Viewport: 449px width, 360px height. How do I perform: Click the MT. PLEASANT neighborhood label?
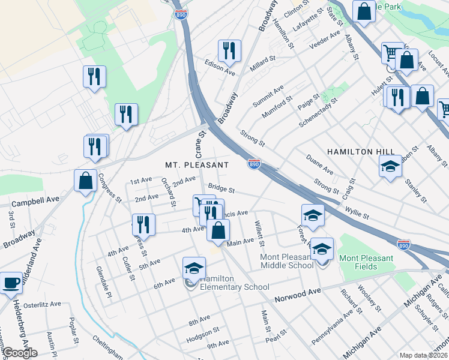coord(197,164)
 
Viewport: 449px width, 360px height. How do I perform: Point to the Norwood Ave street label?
coord(298,297)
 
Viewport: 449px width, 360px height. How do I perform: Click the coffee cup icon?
coord(11,283)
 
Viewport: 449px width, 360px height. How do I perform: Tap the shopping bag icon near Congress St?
coord(85,180)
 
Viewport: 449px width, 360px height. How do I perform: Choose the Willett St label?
coord(259,233)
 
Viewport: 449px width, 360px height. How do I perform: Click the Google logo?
coord(20,353)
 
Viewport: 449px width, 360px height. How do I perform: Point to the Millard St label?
coord(262,63)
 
